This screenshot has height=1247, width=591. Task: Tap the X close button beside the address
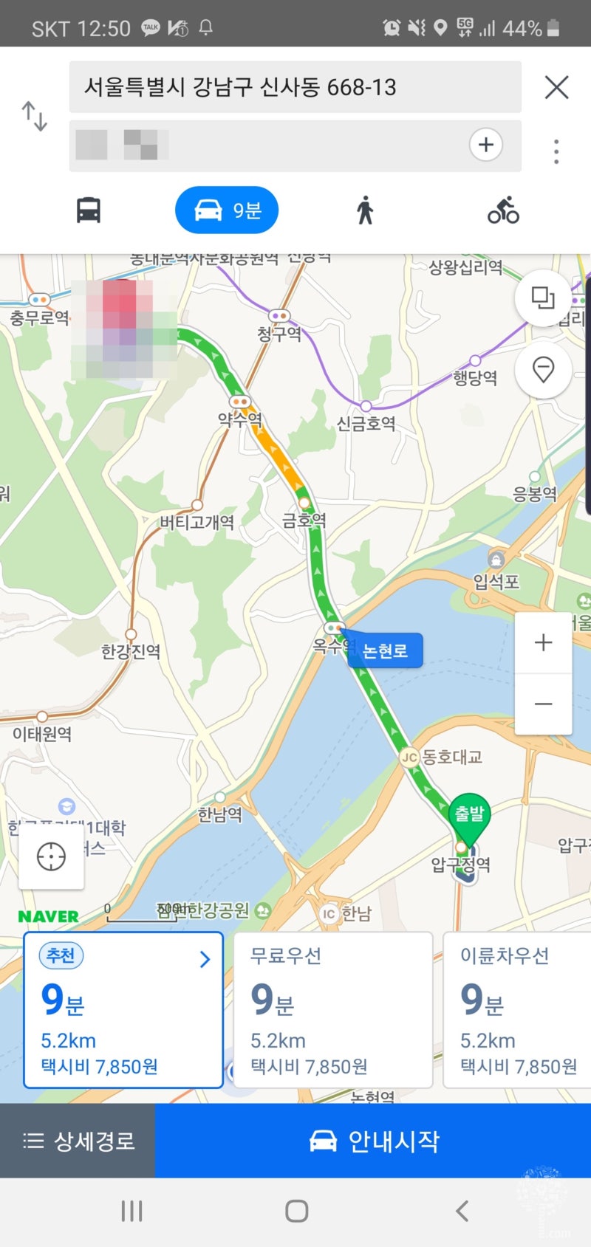point(556,87)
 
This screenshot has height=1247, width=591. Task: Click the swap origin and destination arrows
point(35,117)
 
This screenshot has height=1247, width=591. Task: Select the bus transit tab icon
point(89,210)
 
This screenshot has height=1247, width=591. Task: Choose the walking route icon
point(365,210)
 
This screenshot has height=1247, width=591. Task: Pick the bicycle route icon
point(503,210)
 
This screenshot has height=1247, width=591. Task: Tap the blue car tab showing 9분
point(227,210)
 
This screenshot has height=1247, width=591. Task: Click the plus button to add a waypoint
point(485,145)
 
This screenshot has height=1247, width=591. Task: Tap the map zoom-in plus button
point(543,642)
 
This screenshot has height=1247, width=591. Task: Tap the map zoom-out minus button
point(543,704)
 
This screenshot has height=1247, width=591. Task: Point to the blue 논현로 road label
point(385,650)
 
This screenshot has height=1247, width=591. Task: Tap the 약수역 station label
point(240,419)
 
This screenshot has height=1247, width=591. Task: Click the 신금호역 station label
point(366,423)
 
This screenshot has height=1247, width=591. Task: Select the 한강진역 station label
point(131,651)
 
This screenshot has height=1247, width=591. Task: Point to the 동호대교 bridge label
point(451,757)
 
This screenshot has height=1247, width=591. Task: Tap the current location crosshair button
point(51,856)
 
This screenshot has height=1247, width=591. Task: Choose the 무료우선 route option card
point(332,1010)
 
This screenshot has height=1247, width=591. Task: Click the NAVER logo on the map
point(48,916)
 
